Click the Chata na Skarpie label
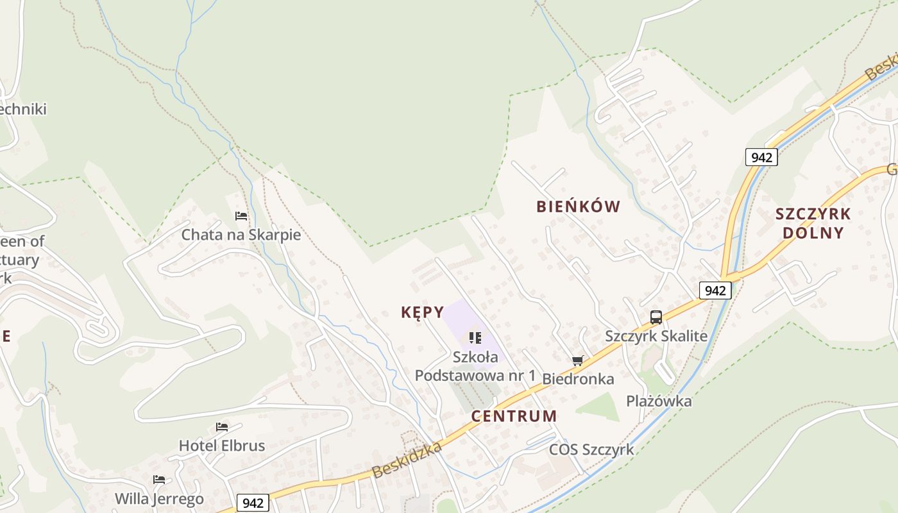241,235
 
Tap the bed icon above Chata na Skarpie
241,215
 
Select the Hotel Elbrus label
221,446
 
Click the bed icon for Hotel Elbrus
222,426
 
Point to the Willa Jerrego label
159,498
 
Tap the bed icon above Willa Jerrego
159,479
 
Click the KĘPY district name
422,312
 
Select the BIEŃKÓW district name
578,206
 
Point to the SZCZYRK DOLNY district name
813,223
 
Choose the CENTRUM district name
514,416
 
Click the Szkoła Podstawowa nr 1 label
475,366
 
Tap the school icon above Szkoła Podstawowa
475,337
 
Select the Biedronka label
578,379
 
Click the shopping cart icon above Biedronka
578,360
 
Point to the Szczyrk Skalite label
656,336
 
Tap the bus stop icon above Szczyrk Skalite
656,317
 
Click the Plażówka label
659,401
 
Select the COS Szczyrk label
591,450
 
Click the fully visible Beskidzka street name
407,460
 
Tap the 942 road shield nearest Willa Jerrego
253,503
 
